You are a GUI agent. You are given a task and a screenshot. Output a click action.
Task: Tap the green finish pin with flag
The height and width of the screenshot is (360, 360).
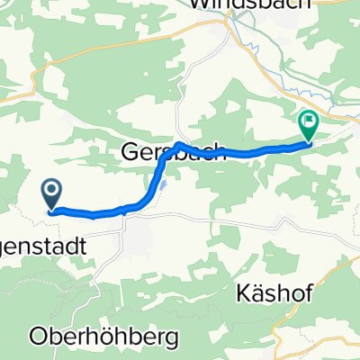tap(309, 124)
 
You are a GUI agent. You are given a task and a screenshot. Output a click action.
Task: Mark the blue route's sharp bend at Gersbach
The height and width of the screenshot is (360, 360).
tap(180, 144)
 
